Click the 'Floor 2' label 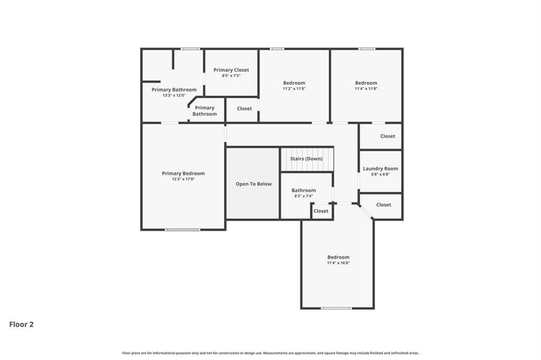pyautogui.click(x=21, y=325)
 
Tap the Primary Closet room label pyautogui.click(x=231, y=70)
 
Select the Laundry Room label pyautogui.click(x=380, y=169)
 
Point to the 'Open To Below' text pyautogui.click(x=254, y=184)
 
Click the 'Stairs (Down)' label pyautogui.click(x=306, y=159)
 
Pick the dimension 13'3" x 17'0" pyautogui.click(x=183, y=179)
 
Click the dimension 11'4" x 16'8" pyautogui.click(x=339, y=263)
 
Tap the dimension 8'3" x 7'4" pyautogui.click(x=304, y=196)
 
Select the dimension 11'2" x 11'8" pyautogui.click(x=294, y=89)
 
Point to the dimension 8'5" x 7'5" pyautogui.click(x=231, y=76)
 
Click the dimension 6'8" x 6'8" pyautogui.click(x=380, y=174)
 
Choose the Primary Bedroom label pyautogui.click(x=183, y=173)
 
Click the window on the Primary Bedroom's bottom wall pyautogui.click(x=182, y=229)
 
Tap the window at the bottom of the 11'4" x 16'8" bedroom pyautogui.click(x=337, y=308)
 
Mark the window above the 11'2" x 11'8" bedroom pyautogui.click(x=277, y=49)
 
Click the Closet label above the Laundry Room pyautogui.click(x=388, y=136)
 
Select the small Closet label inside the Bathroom pyautogui.click(x=321, y=211)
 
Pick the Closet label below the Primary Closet pyautogui.click(x=244, y=108)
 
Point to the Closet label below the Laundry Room pyautogui.click(x=384, y=205)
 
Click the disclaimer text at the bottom pyautogui.click(x=270, y=353)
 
